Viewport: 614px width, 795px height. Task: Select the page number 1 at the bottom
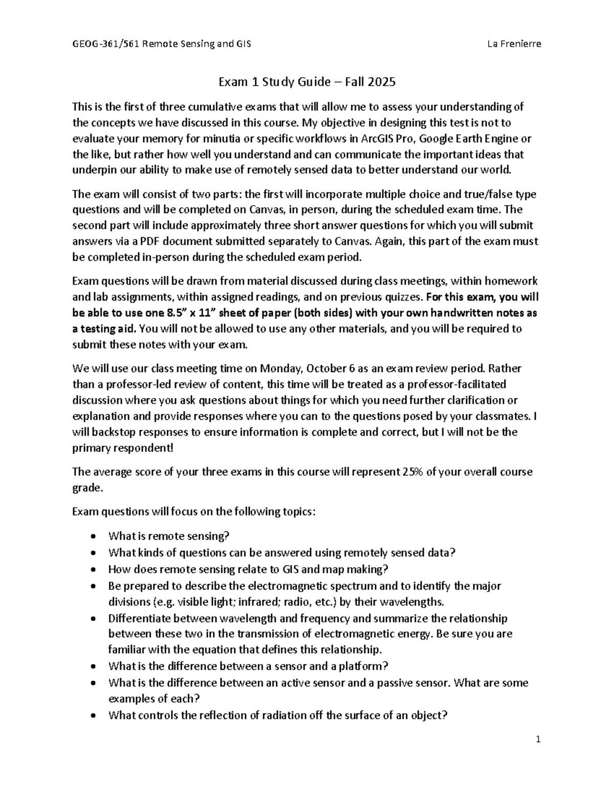click(x=538, y=739)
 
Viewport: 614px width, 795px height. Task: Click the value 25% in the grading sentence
click(x=411, y=471)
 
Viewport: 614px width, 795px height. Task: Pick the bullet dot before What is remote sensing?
click(x=92, y=536)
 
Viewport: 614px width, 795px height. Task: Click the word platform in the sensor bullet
click(x=364, y=666)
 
